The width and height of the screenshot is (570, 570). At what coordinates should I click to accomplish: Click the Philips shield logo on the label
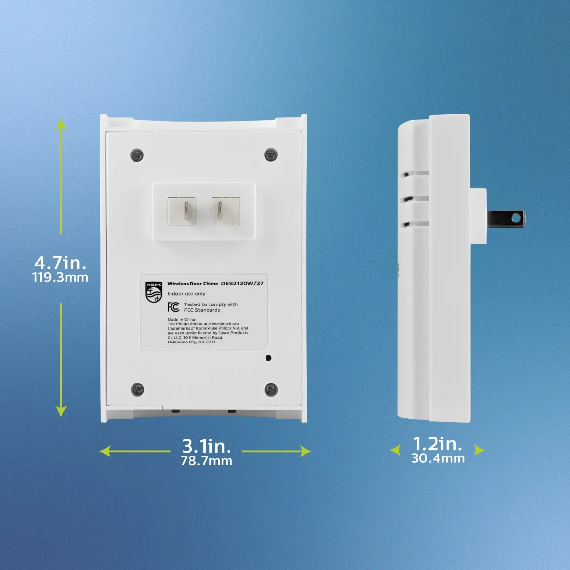[x=153, y=292]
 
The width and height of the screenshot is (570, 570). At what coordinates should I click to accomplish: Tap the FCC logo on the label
[x=173, y=307]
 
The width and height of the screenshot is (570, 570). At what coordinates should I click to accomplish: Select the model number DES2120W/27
[x=242, y=283]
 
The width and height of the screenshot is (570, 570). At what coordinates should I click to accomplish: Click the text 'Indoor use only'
[x=186, y=294]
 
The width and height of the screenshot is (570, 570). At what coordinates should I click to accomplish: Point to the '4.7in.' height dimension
[x=60, y=262]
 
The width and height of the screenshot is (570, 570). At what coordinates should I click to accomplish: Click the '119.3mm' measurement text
[x=60, y=277]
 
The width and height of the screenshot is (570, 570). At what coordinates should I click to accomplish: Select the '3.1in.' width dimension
[x=206, y=446]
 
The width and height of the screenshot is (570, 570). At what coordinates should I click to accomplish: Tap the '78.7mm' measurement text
[x=206, y=461]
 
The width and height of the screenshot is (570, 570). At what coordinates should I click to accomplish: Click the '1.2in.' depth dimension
[x=437, y=443]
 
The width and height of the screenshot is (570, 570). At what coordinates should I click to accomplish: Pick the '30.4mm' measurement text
[x=437, y=458]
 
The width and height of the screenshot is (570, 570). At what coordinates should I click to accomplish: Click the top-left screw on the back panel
[x=137, y=155]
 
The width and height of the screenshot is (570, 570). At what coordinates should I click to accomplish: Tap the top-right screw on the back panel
[x=271, y=154]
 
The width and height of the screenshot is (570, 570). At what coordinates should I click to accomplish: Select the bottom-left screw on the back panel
[x=137, y=390]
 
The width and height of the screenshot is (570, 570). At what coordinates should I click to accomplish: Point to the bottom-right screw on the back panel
[x=271, y=390]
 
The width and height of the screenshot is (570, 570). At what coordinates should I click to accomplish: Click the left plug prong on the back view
[x=186, y=211]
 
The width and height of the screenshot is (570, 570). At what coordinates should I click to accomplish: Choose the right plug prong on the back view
[x=220, y=211]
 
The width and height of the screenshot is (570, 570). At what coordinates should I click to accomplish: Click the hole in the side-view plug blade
[x=515, y=218]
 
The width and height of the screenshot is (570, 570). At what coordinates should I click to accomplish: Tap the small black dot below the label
[x=268, y=358]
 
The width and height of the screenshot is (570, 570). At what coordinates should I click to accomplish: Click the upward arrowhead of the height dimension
[x=61, y=124]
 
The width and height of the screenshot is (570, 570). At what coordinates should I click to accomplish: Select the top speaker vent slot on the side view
[x=416, y=174]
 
